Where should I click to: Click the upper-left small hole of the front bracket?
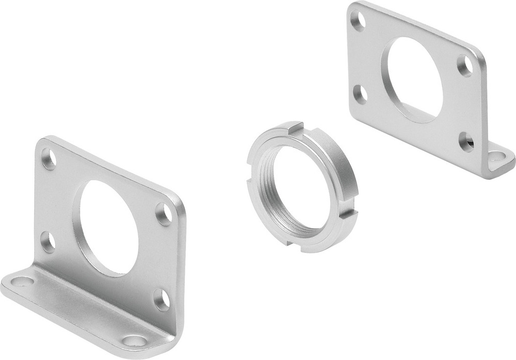pyautogui.click(x=49, y=159)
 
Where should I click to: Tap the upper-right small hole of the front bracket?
pyautogui.click(x=164, y=214)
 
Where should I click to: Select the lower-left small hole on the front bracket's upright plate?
pyautogui.click(x=48, y=242)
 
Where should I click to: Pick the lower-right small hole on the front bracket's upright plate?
pyautogui.click(x=162, y=300)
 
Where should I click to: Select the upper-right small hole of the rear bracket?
pyautogui.click(x=465, y=66)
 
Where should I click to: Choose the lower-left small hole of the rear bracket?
pyautogui.click(x=361, y=95)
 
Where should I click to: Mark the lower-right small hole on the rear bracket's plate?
pyautogui.click(x=466, y=142)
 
